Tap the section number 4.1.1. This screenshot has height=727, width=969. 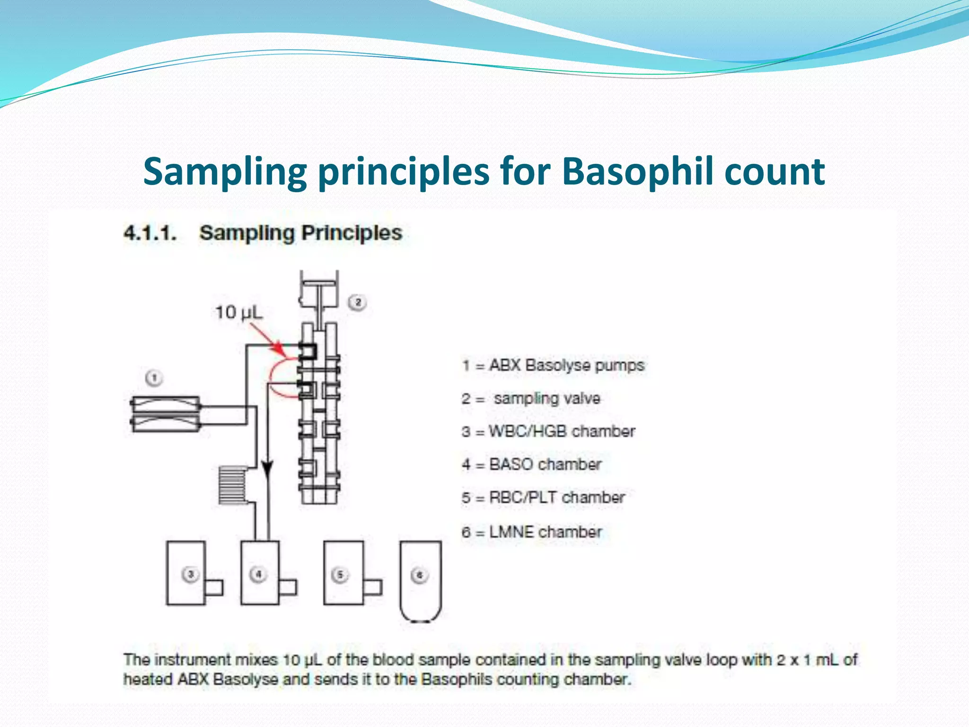150,233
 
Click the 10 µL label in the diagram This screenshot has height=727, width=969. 238,312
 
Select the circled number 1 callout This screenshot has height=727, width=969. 154,378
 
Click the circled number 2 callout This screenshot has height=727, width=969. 358,302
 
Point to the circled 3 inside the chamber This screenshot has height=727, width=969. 190,575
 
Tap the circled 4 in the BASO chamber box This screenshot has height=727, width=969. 258,575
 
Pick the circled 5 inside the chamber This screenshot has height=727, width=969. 340,575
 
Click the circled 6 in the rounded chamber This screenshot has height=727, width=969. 419,576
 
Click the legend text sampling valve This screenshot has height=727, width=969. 546,399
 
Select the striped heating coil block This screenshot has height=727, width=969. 232,485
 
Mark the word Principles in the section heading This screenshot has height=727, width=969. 352,233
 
